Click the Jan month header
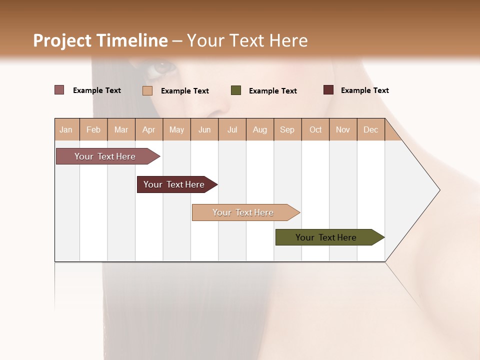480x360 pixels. point(66,129)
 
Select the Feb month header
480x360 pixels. point(93,129)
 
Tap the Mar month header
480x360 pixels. point(121,129)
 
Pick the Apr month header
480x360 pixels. point(149,129)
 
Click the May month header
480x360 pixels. point(176,129)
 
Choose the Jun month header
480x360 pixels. point(204,129)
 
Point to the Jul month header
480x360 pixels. point(232,129)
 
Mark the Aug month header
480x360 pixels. point(260,129)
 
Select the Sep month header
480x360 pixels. point(287,129)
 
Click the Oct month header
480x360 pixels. point(315,129)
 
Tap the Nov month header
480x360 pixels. point(343,129)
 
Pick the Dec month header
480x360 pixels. point(371,129)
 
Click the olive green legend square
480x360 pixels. point(236,90)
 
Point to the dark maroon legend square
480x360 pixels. point(328,90)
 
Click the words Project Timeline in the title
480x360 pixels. point(100,40)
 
